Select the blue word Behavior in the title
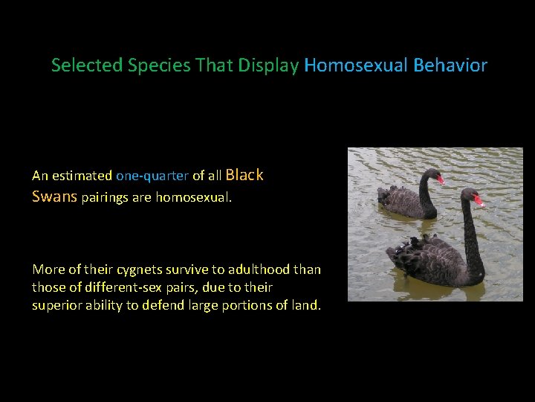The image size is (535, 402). point(450,66)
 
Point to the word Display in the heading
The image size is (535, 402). point(267,66)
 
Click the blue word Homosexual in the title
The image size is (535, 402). point(356,66)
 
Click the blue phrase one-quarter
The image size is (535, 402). point(152,176)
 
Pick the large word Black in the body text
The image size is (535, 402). point(244,175)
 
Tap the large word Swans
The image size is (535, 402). point(55,197)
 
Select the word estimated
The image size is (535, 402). point(81,176)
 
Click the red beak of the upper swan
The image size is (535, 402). point(441,179)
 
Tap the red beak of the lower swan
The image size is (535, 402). point(478,200)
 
